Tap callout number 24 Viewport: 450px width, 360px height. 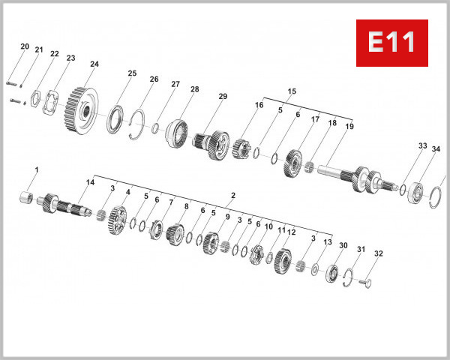pos(94,64)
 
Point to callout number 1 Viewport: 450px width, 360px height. pos(34,171)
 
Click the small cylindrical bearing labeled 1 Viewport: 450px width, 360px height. pos(29,198)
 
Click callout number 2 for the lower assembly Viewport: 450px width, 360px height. pos(232,196)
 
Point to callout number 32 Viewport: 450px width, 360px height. pos(378,253)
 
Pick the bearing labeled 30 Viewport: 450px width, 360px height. pos(331,274)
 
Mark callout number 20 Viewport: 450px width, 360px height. pos(25,46)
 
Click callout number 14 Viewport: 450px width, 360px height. pos(90,182)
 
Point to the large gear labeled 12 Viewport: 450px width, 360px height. pos(283,262)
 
